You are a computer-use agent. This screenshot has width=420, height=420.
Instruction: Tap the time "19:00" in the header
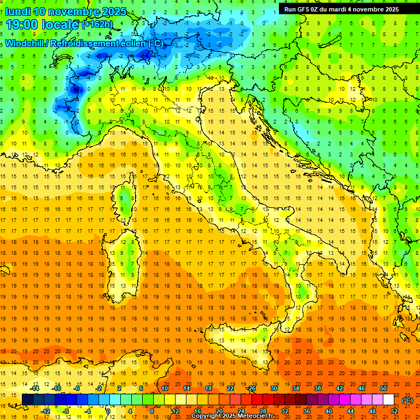[23, 24]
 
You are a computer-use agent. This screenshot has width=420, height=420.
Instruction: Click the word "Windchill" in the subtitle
[25, 43]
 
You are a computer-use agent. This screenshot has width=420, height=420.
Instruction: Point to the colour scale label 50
[383, 388]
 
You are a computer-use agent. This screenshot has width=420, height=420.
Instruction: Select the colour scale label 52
[394, 411]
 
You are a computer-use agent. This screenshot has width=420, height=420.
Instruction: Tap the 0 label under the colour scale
[108, 411]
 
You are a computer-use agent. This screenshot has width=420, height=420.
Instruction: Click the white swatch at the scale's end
[388, 400]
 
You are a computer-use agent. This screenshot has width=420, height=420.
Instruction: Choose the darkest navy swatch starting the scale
[27, 400]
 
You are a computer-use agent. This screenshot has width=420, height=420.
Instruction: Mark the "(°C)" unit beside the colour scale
[407, 400]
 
